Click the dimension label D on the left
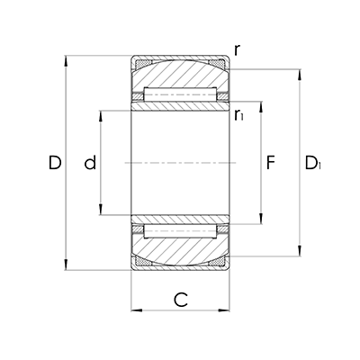pyautogui.click(x=55, y=163)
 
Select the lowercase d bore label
pyautogui.click(x=89, y=163)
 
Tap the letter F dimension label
pyautogui.click(x=271, y=163)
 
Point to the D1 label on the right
pyautogui.click(x=312, y=163)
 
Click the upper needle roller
pyautogui.click(x=179, y=95)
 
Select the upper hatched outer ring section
pyautogui.click(x=179, y=74)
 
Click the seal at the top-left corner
pyautogui.click(x=141, y=65)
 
